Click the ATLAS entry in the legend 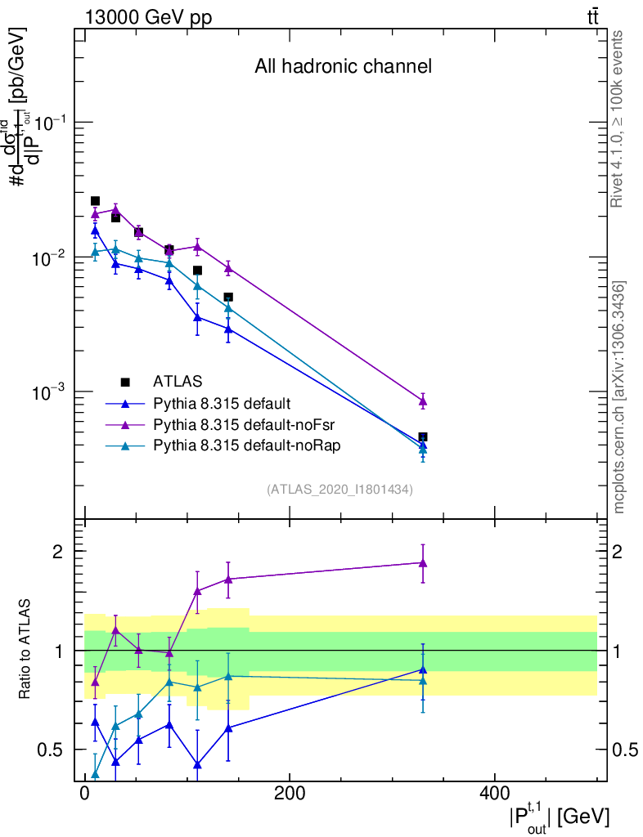(x=178, y=381)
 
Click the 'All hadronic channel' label (x=343, y=66)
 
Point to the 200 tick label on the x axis (x=289, y=794)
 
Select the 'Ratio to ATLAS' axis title (x=26, y=651)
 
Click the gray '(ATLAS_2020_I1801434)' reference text (x=339, y=490)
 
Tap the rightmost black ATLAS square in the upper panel (x=423, y=437)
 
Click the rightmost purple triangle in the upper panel (x=423, y=401)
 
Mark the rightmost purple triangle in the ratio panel (x=423, y=562)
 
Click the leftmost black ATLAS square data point (x=95, y=201)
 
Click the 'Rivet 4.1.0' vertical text (x=618, y=119)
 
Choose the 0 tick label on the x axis (x=84, y=794)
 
